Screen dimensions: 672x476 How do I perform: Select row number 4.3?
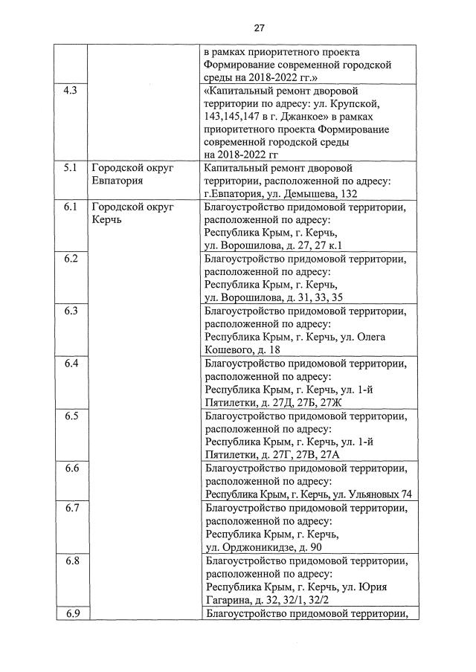71,91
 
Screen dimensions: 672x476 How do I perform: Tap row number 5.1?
71,168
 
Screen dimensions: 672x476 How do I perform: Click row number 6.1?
71,207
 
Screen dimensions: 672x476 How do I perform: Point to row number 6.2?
71,259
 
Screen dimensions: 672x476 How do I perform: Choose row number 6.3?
71,311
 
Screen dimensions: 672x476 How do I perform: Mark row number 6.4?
71,364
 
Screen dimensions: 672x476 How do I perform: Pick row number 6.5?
71,416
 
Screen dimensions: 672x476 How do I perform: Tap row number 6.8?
71,560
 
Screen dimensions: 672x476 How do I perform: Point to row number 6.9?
71,613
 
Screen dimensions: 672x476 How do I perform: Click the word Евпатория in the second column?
120,181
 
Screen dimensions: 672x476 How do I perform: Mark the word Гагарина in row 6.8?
231,599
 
